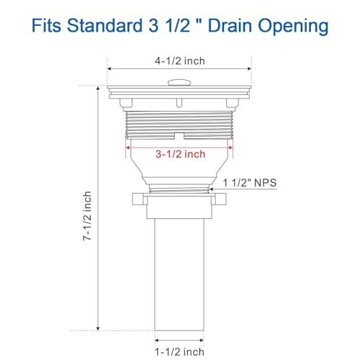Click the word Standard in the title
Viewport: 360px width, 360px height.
(x=104, y=25)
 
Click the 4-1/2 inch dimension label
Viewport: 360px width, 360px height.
(x=180, y=61)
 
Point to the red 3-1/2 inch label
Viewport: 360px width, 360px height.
(x=180, y=154)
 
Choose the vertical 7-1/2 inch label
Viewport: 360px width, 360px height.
(x=87, y=216)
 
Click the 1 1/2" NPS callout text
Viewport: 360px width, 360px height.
(x=250, y=183)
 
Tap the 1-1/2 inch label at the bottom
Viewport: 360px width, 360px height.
(x=180, y=352)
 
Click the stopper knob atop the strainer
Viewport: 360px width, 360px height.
(x=179, y=83)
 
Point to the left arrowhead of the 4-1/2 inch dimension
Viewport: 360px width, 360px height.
(x=109, y=69)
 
